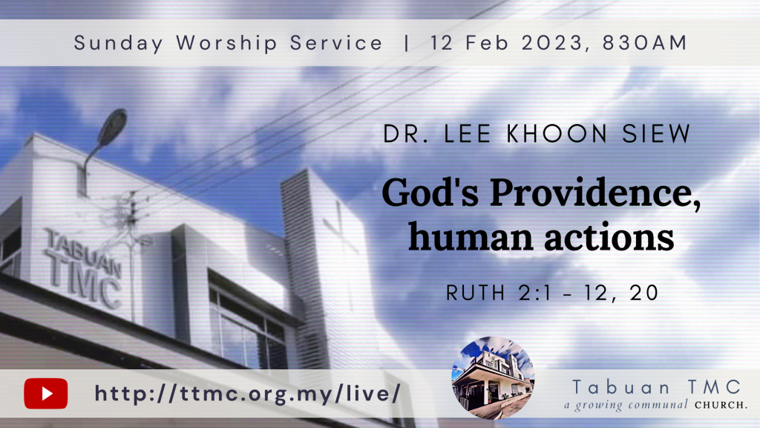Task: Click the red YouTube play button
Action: (x=45, y=393)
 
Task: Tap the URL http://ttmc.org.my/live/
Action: (x=248, y=393)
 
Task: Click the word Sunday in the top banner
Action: (x=119, y=43)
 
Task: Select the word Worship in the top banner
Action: (x=227, y=43)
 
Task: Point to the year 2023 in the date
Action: (x=552, y=42)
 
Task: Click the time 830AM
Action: (x=645, y=42)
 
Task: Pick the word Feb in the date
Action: (x=487, y=42)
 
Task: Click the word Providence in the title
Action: (x=595, y=192)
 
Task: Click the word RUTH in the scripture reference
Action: (x=476, y=293)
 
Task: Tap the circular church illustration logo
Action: (x=493, y=377)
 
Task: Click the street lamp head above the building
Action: (x=112, y=127)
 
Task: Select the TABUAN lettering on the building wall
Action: (x=82, y=253)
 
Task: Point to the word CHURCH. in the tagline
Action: (x=721, y=405)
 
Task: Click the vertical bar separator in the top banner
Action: (x=406, y=43)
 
